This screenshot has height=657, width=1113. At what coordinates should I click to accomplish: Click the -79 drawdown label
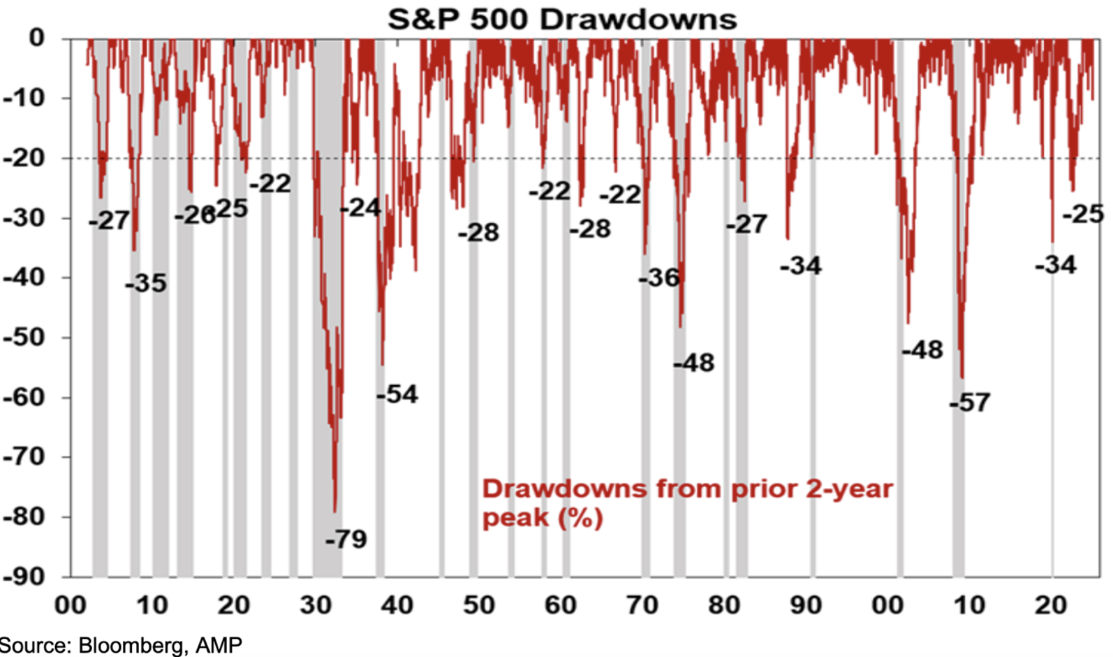pos(346,539)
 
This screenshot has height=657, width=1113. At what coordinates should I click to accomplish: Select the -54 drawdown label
pos(397,394)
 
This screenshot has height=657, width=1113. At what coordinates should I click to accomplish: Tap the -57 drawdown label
pos(970,403)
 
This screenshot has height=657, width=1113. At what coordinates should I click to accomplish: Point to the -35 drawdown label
pos(146,283)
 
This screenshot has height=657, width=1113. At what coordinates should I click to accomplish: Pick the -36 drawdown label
pos(659,277)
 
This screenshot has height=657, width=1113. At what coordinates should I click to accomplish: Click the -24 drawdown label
pos(360,208)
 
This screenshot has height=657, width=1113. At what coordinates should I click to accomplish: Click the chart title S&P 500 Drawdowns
pos(562,19)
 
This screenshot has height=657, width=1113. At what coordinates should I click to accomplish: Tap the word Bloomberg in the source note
pos(131,645)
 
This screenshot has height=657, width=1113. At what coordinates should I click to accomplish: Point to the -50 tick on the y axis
pos(24,337)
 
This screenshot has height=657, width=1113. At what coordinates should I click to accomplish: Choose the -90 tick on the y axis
pos(24,577)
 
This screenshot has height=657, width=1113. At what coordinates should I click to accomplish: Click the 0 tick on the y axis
pos(36,38)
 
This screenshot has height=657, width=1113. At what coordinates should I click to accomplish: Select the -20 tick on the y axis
pos(24,158)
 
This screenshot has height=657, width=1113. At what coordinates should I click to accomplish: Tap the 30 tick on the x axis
pos(315,605)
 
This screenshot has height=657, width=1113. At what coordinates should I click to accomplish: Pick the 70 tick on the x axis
pos(642,605)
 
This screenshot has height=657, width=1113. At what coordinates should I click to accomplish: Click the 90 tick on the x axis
pos(805,605)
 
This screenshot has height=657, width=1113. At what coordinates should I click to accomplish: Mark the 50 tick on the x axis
pos(478,605)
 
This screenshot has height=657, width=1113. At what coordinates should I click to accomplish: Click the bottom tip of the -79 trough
pos(335,512)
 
